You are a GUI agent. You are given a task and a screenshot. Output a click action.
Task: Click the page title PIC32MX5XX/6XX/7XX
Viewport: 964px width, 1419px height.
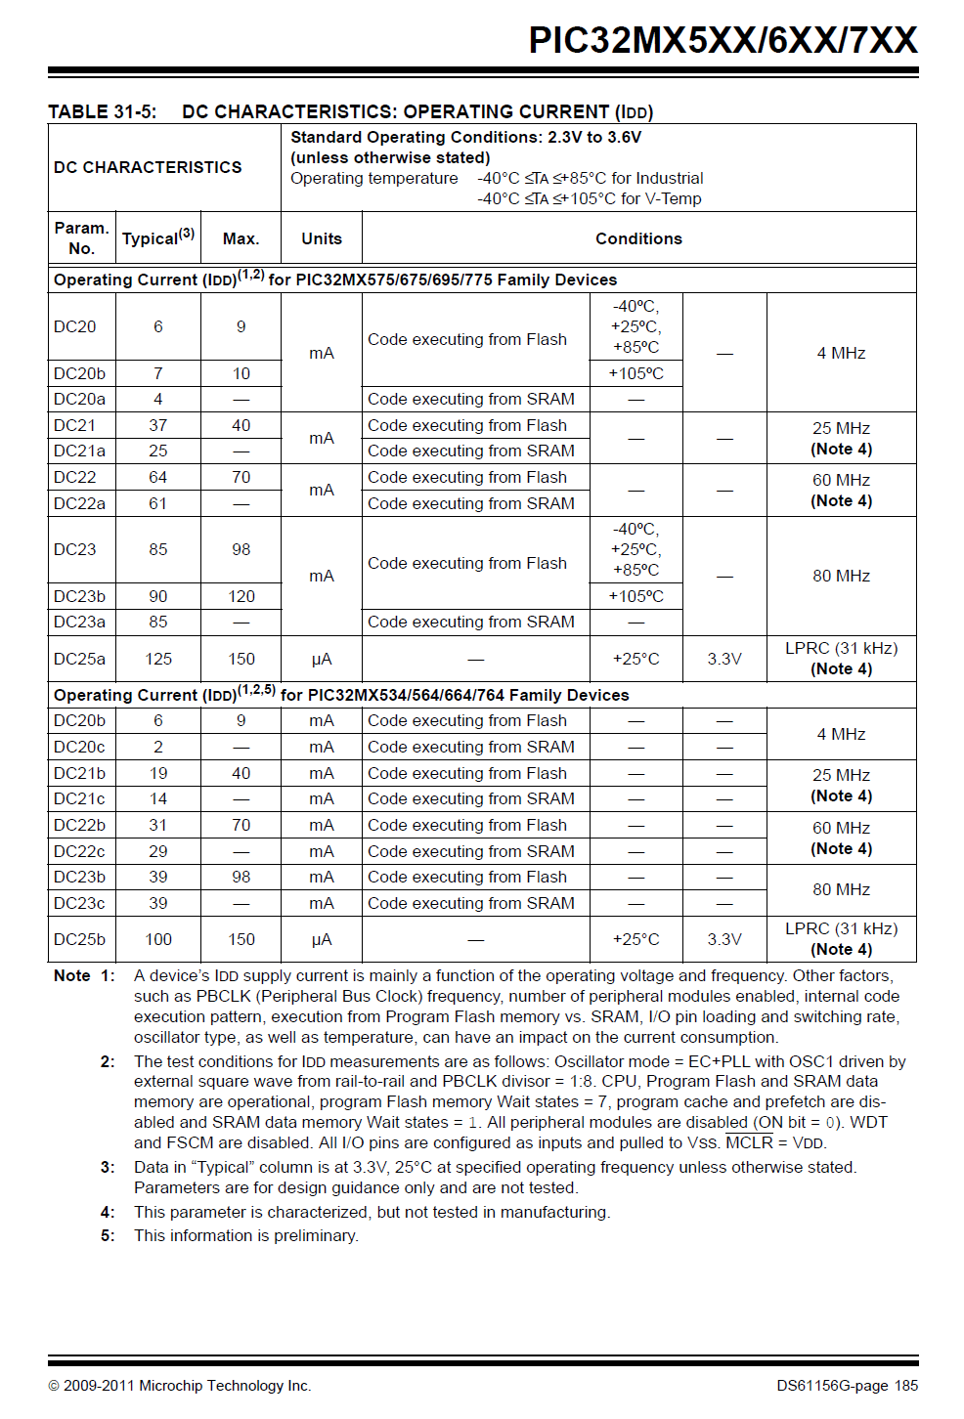coord(723,40)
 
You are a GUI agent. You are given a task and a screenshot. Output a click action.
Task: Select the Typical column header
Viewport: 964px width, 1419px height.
coord(157,237)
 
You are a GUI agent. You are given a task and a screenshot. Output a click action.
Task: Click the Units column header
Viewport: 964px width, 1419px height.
coord(321,238)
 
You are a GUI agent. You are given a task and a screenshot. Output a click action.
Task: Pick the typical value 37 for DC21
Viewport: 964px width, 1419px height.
coord(157,425)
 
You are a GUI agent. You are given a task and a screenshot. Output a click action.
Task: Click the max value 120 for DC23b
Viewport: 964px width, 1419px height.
coord(241,596)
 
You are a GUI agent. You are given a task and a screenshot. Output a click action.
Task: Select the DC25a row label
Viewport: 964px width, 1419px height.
coord(79,659)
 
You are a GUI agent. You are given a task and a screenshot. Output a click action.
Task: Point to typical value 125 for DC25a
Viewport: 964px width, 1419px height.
coord(157,659)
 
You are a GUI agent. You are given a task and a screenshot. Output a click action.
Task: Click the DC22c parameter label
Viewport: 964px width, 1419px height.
coord(79,851)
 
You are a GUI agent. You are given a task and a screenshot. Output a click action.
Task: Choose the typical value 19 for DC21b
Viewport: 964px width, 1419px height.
coord(157,773)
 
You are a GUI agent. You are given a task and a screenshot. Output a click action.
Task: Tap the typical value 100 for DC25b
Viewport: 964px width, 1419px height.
coord(157,939)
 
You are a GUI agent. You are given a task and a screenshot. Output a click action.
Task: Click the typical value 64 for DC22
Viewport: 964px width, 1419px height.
coord(157,477)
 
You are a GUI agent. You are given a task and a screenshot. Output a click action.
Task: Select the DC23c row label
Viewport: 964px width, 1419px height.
coord(79,903)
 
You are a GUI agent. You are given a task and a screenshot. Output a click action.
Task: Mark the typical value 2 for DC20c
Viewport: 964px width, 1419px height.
coord(157,747)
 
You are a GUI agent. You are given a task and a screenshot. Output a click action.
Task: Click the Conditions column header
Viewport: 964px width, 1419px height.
coord(638,238)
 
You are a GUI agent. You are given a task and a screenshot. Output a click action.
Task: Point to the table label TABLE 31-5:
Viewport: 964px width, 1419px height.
coord(102,111)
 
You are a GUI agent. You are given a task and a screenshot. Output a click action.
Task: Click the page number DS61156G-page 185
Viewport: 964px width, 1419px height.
coord(847,1385)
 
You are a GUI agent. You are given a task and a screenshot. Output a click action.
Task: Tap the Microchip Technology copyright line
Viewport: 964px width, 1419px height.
coord(180,1385)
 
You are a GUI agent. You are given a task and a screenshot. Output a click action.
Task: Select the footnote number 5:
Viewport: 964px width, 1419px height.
coord(108,1235)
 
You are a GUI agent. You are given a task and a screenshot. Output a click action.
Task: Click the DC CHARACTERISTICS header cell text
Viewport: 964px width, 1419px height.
coord(148,167)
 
